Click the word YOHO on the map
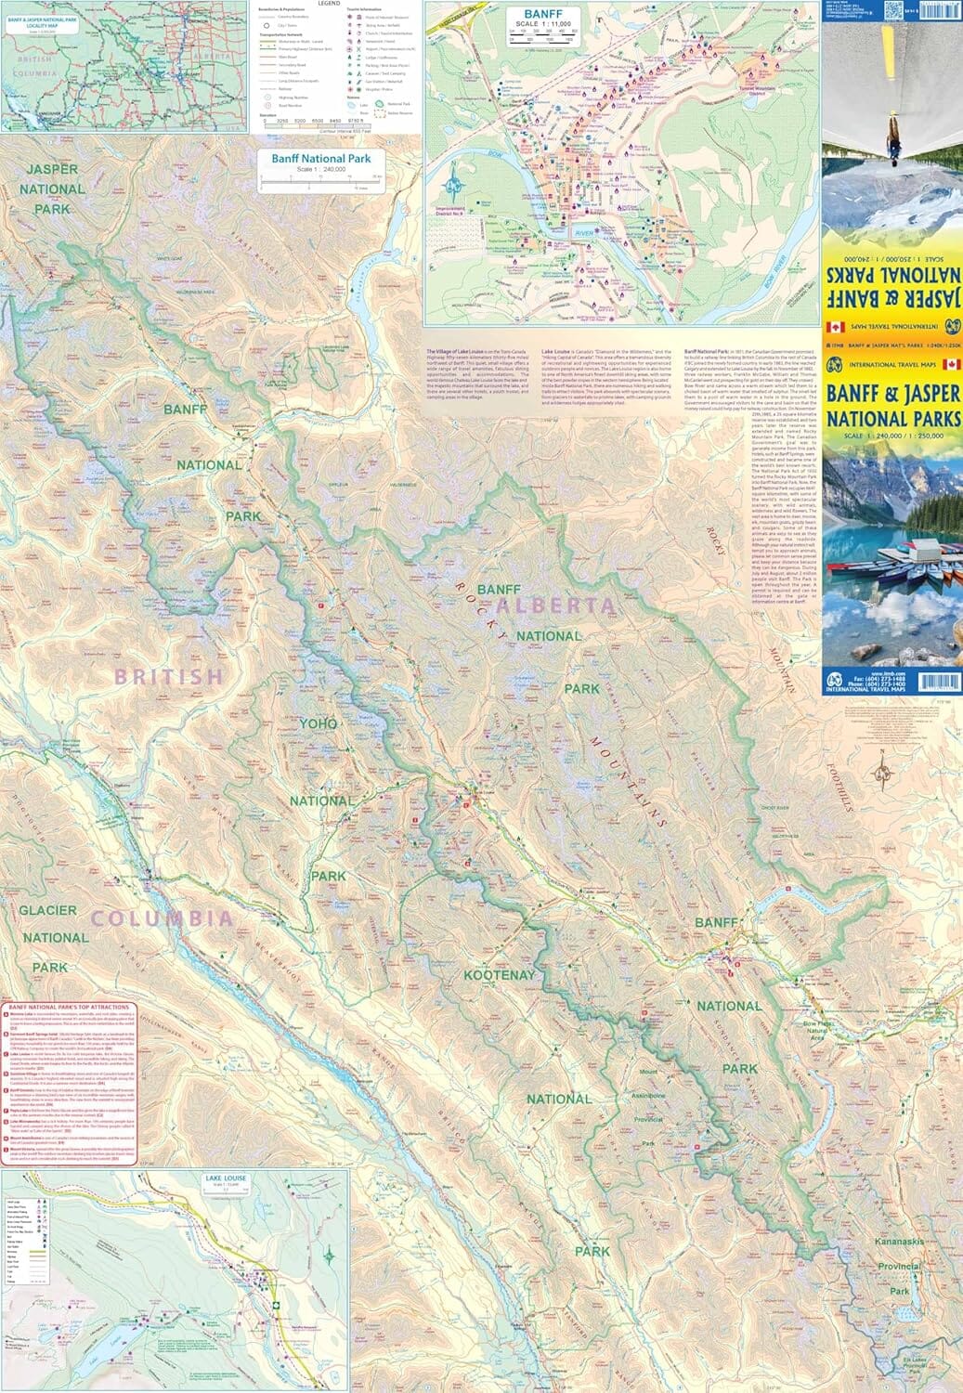(x=319, y=723)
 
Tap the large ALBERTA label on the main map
(x=556, y=606)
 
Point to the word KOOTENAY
(x=500, y=975)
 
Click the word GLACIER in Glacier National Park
(x=48, y=910)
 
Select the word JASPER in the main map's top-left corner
(x=52, y=169)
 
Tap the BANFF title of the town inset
(x=543, y=15)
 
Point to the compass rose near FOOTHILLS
(x=881, y=766)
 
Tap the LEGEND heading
(x=329, y=4)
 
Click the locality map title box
(x=41, y=20)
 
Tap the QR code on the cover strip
(x=894, y=10)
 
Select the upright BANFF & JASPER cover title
(x=891, y=406)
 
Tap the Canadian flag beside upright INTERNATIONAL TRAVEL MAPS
(x=950, y=364)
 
